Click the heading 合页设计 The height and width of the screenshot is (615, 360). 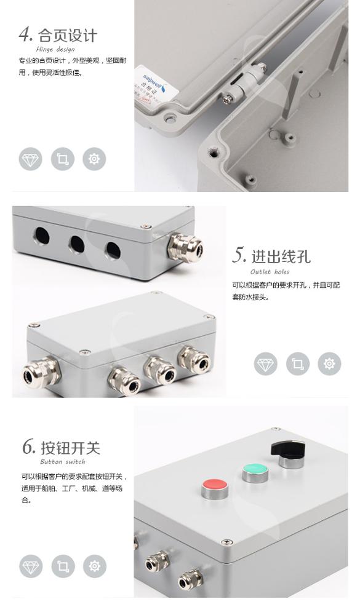click(67, 35)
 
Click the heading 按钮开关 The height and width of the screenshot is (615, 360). click(70, 447)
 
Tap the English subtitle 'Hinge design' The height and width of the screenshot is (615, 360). click(55, 49)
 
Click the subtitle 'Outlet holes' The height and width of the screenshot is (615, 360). click(270, 272)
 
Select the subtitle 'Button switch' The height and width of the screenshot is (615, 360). click(63, 462)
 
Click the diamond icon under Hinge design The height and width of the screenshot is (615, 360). click(31, 159)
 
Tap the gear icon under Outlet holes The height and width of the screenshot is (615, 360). click(329, 364)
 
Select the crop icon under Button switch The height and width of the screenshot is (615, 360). click(63, 566)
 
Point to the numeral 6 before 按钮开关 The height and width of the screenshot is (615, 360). click(28, 447)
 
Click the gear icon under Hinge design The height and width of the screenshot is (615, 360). click(94, 159)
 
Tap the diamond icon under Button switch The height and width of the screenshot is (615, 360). click(31, 566)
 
